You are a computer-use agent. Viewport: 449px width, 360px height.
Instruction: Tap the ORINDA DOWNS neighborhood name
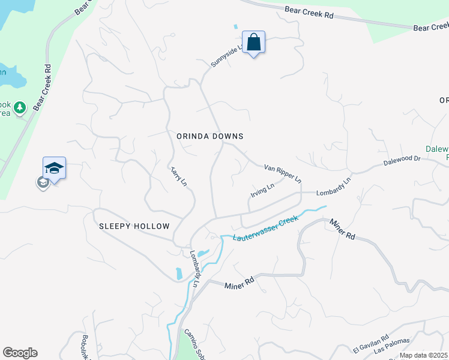tap(210, 136)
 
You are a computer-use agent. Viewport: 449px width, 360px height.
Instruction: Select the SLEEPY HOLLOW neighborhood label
tap(134, 226)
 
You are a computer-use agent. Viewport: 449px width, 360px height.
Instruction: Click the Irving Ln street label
tap(262, 191)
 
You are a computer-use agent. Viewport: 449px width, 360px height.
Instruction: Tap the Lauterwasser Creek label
tap(265, 229)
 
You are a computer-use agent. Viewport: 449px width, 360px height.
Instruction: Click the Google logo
tap(20, 353)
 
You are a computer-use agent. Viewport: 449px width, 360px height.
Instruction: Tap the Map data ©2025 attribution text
tap(424, 355)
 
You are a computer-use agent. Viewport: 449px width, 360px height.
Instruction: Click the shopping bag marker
tap(254, 43)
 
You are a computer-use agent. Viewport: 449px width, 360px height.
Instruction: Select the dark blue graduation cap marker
tap(54, 168)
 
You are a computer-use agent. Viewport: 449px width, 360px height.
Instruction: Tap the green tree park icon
tap(20, 107)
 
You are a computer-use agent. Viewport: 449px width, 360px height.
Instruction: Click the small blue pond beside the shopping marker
tap(235, 27)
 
